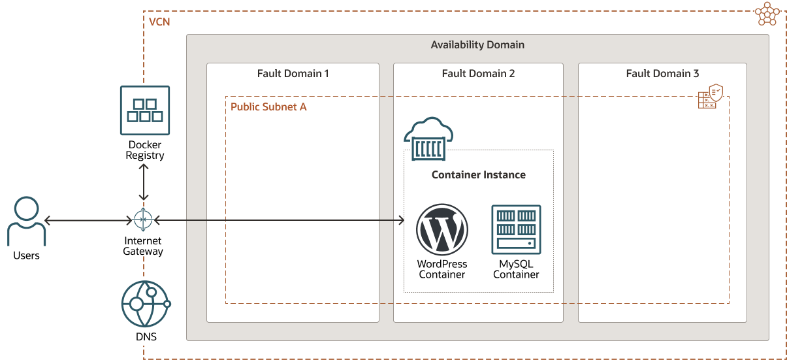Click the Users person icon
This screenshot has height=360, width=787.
coord(27,221)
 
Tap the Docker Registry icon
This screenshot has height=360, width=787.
coord(144,110)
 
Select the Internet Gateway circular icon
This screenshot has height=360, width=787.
coord(143,220)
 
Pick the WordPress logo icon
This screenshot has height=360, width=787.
coord(442,229)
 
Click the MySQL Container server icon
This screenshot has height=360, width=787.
coord(516,229)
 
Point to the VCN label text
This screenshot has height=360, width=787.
coord(159,22)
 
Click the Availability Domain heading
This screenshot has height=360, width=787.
coord(477,45)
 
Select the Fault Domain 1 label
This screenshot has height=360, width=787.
coord(293,73)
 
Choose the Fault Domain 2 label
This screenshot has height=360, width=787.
coord(478,73)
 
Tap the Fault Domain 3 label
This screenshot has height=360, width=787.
coord(662,73)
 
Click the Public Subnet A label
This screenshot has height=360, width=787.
coord(268,106)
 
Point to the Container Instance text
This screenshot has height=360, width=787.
coord(478,175)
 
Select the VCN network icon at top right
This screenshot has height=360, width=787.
coord(766,13)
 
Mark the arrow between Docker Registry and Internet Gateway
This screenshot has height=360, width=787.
coord(144,183)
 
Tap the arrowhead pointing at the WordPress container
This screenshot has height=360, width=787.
coord(400,221)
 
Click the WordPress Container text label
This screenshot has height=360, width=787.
coord(442,269)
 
